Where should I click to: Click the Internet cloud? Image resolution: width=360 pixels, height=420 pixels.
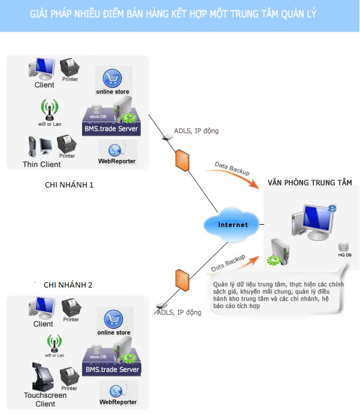(x=233, y=225)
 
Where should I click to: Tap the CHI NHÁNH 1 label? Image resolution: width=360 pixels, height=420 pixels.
(x=69, y=185)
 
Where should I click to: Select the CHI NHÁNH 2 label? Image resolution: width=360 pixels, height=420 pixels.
(x=68, y=285)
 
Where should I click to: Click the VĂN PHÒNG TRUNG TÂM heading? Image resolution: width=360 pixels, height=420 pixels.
(x=310, y=182)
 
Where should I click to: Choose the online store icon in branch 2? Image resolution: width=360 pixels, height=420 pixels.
(x=113, y=319)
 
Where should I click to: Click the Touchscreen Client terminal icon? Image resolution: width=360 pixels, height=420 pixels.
(x=39, y=377)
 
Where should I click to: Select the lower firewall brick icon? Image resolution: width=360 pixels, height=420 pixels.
(x=179, y=280)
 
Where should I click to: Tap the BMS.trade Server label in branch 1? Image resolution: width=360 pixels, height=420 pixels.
(x=111, y=129)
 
